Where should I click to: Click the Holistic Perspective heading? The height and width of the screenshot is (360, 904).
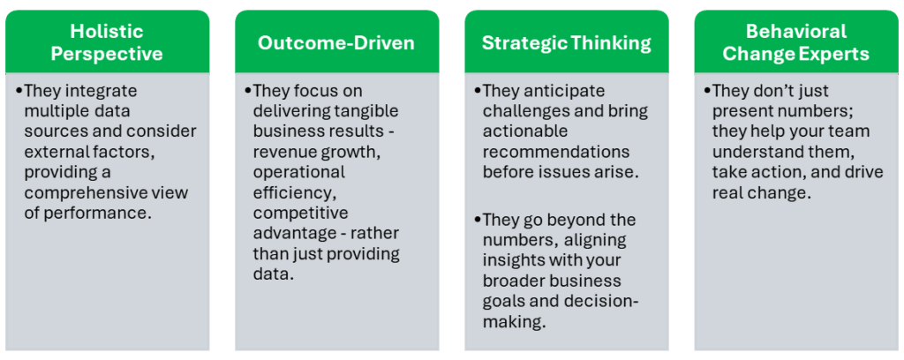tap(107, 42)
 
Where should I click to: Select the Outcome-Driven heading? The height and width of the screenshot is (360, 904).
tap(336, 43)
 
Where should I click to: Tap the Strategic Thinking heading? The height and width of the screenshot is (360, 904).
tap(567, 43)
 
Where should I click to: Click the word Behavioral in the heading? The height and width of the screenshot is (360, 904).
tap(796, 31)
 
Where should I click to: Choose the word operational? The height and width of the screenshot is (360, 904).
tap(298, 172)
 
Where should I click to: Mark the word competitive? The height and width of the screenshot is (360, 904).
tap(300, 213)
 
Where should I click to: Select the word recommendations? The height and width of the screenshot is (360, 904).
tap(556, 152)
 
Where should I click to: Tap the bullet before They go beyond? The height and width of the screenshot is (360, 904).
tap(478, 220)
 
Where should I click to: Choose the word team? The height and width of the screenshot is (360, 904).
tap(850, 131)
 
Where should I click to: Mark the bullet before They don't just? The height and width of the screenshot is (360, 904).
tap(707, 91)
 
